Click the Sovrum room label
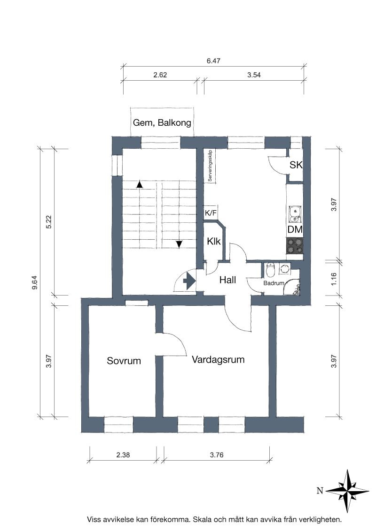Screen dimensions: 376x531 124,361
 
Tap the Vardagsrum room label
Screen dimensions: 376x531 218,360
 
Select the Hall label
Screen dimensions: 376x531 227,280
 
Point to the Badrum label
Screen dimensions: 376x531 274,283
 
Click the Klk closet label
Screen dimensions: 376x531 214,241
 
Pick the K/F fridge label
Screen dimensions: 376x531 211,213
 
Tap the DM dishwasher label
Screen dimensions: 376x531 295,229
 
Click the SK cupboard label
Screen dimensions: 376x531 296,165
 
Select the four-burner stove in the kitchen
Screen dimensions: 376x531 295,246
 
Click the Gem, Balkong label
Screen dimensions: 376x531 162,122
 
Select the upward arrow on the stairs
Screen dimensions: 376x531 139,184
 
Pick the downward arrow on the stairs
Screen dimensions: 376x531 179,244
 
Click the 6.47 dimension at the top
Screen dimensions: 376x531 213,61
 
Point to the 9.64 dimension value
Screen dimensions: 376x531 35,283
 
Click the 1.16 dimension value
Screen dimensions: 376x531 334,279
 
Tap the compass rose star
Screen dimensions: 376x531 347,491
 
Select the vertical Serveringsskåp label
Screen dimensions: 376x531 210,166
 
